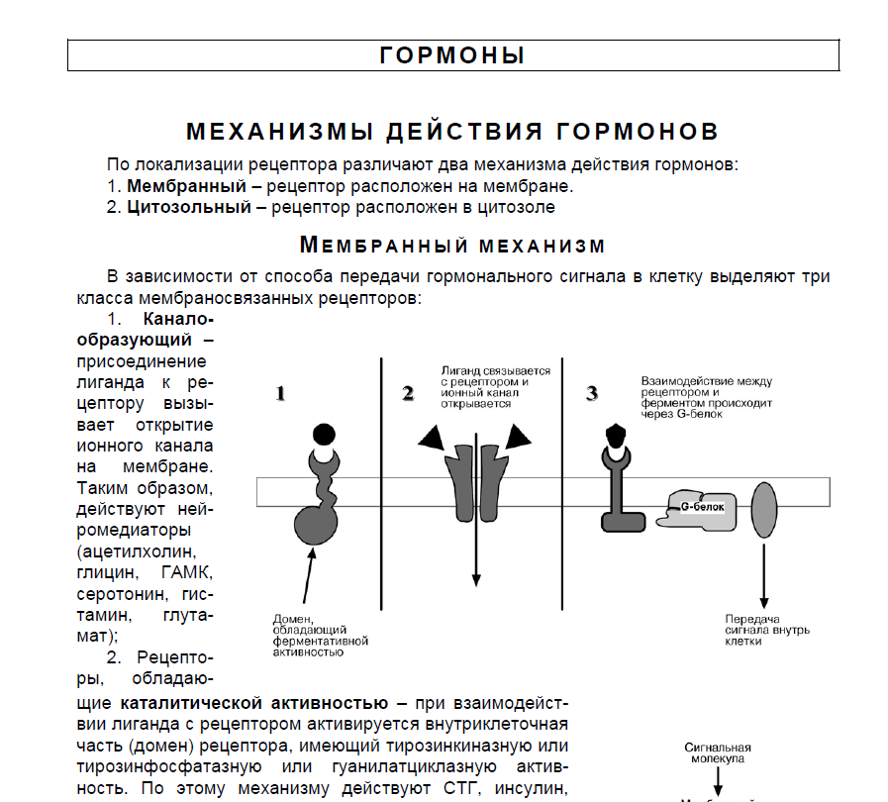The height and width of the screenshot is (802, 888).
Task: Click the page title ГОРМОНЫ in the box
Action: click(x=451, y=55)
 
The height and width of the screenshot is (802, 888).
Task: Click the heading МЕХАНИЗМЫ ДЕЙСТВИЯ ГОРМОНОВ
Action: click(x=452, y=132)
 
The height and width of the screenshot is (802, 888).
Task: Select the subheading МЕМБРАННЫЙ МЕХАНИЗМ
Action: click(x=452, y=245)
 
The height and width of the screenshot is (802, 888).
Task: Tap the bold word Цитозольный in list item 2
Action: click(x=188, y=207)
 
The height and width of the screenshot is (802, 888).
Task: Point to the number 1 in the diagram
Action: click(x=281, y=394)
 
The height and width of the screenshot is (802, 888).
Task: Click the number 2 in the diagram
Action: click(x=407, y=394)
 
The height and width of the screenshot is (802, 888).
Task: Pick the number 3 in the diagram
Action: click(x=592, y=394)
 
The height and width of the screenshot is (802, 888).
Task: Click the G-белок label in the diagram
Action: click(x=702, y=507)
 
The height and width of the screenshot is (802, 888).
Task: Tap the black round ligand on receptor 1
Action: click(x=323, y=434)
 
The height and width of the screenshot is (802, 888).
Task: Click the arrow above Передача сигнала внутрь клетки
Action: click(x=764, y=574)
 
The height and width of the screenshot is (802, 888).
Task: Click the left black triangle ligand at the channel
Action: click(x=433, y=440)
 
